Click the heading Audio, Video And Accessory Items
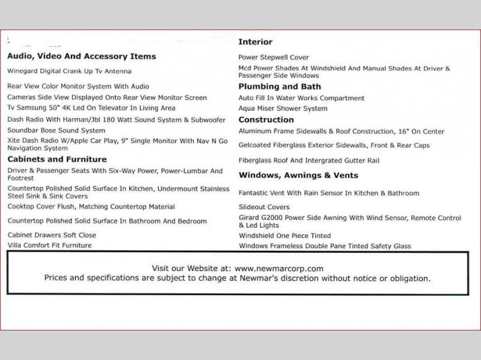(x=81, y=56)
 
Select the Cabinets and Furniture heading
(x=57, y=159)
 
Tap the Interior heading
(x=256, y=42)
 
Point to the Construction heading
(x=266, y=120)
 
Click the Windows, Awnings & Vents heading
(x=298, y=175)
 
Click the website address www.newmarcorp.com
(x=279, y=269)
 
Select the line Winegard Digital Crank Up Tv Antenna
(x=69, y=71)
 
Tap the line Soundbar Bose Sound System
(x=57, y=130)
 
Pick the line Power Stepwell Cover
(x=274, y=58)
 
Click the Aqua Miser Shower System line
(x=283, y=109)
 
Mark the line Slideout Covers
(x=264, y=207)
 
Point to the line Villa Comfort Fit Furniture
(x=49, y=246)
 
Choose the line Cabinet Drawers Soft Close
(x=52, y=235)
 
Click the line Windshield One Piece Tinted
(x=285, y=236)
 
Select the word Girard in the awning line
(x=250, y=218)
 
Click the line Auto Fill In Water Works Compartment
(x=301, y=98)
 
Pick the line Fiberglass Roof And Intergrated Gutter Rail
(x=309, y=161)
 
